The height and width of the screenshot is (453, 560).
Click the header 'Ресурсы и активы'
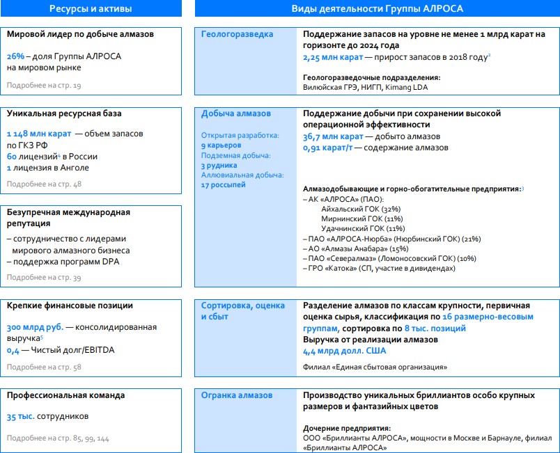(x=91, y=8)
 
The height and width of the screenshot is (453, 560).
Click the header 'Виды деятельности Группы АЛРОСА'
(x=377, y=8)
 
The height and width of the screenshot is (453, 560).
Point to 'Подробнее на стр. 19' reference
(x=44, y=85)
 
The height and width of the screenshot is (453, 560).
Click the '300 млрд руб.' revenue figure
(x=35, y=327)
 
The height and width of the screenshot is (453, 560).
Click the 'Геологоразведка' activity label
(x=238, y=34)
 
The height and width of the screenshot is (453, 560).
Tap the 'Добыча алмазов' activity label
(x=236, y=113)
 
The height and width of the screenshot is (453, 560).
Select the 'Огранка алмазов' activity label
(x=238, y=395)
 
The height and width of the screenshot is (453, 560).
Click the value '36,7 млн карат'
(x=333, y=136)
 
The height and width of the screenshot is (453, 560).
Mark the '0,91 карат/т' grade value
(x=330, y=148)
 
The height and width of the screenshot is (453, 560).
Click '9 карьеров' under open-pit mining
(x=221, y=145)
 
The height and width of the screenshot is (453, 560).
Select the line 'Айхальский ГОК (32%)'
(x=361, y=209)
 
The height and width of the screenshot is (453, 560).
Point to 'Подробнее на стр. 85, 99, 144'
(x=58, y=438)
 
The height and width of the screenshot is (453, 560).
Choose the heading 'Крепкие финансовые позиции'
(x=70, y=305)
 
